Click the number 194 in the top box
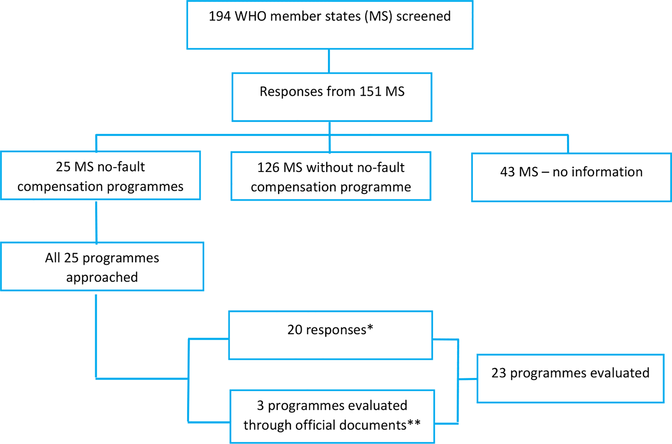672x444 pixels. click(220, 16)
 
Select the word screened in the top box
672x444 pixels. click(423, 16)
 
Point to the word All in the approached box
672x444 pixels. click(53, 258)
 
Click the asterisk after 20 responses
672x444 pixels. click(370, 328)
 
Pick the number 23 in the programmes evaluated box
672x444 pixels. click(499, 373)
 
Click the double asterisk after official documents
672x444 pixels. click(414, 423)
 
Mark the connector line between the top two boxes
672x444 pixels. click(329, 61)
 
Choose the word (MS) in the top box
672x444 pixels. click(378, 16)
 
